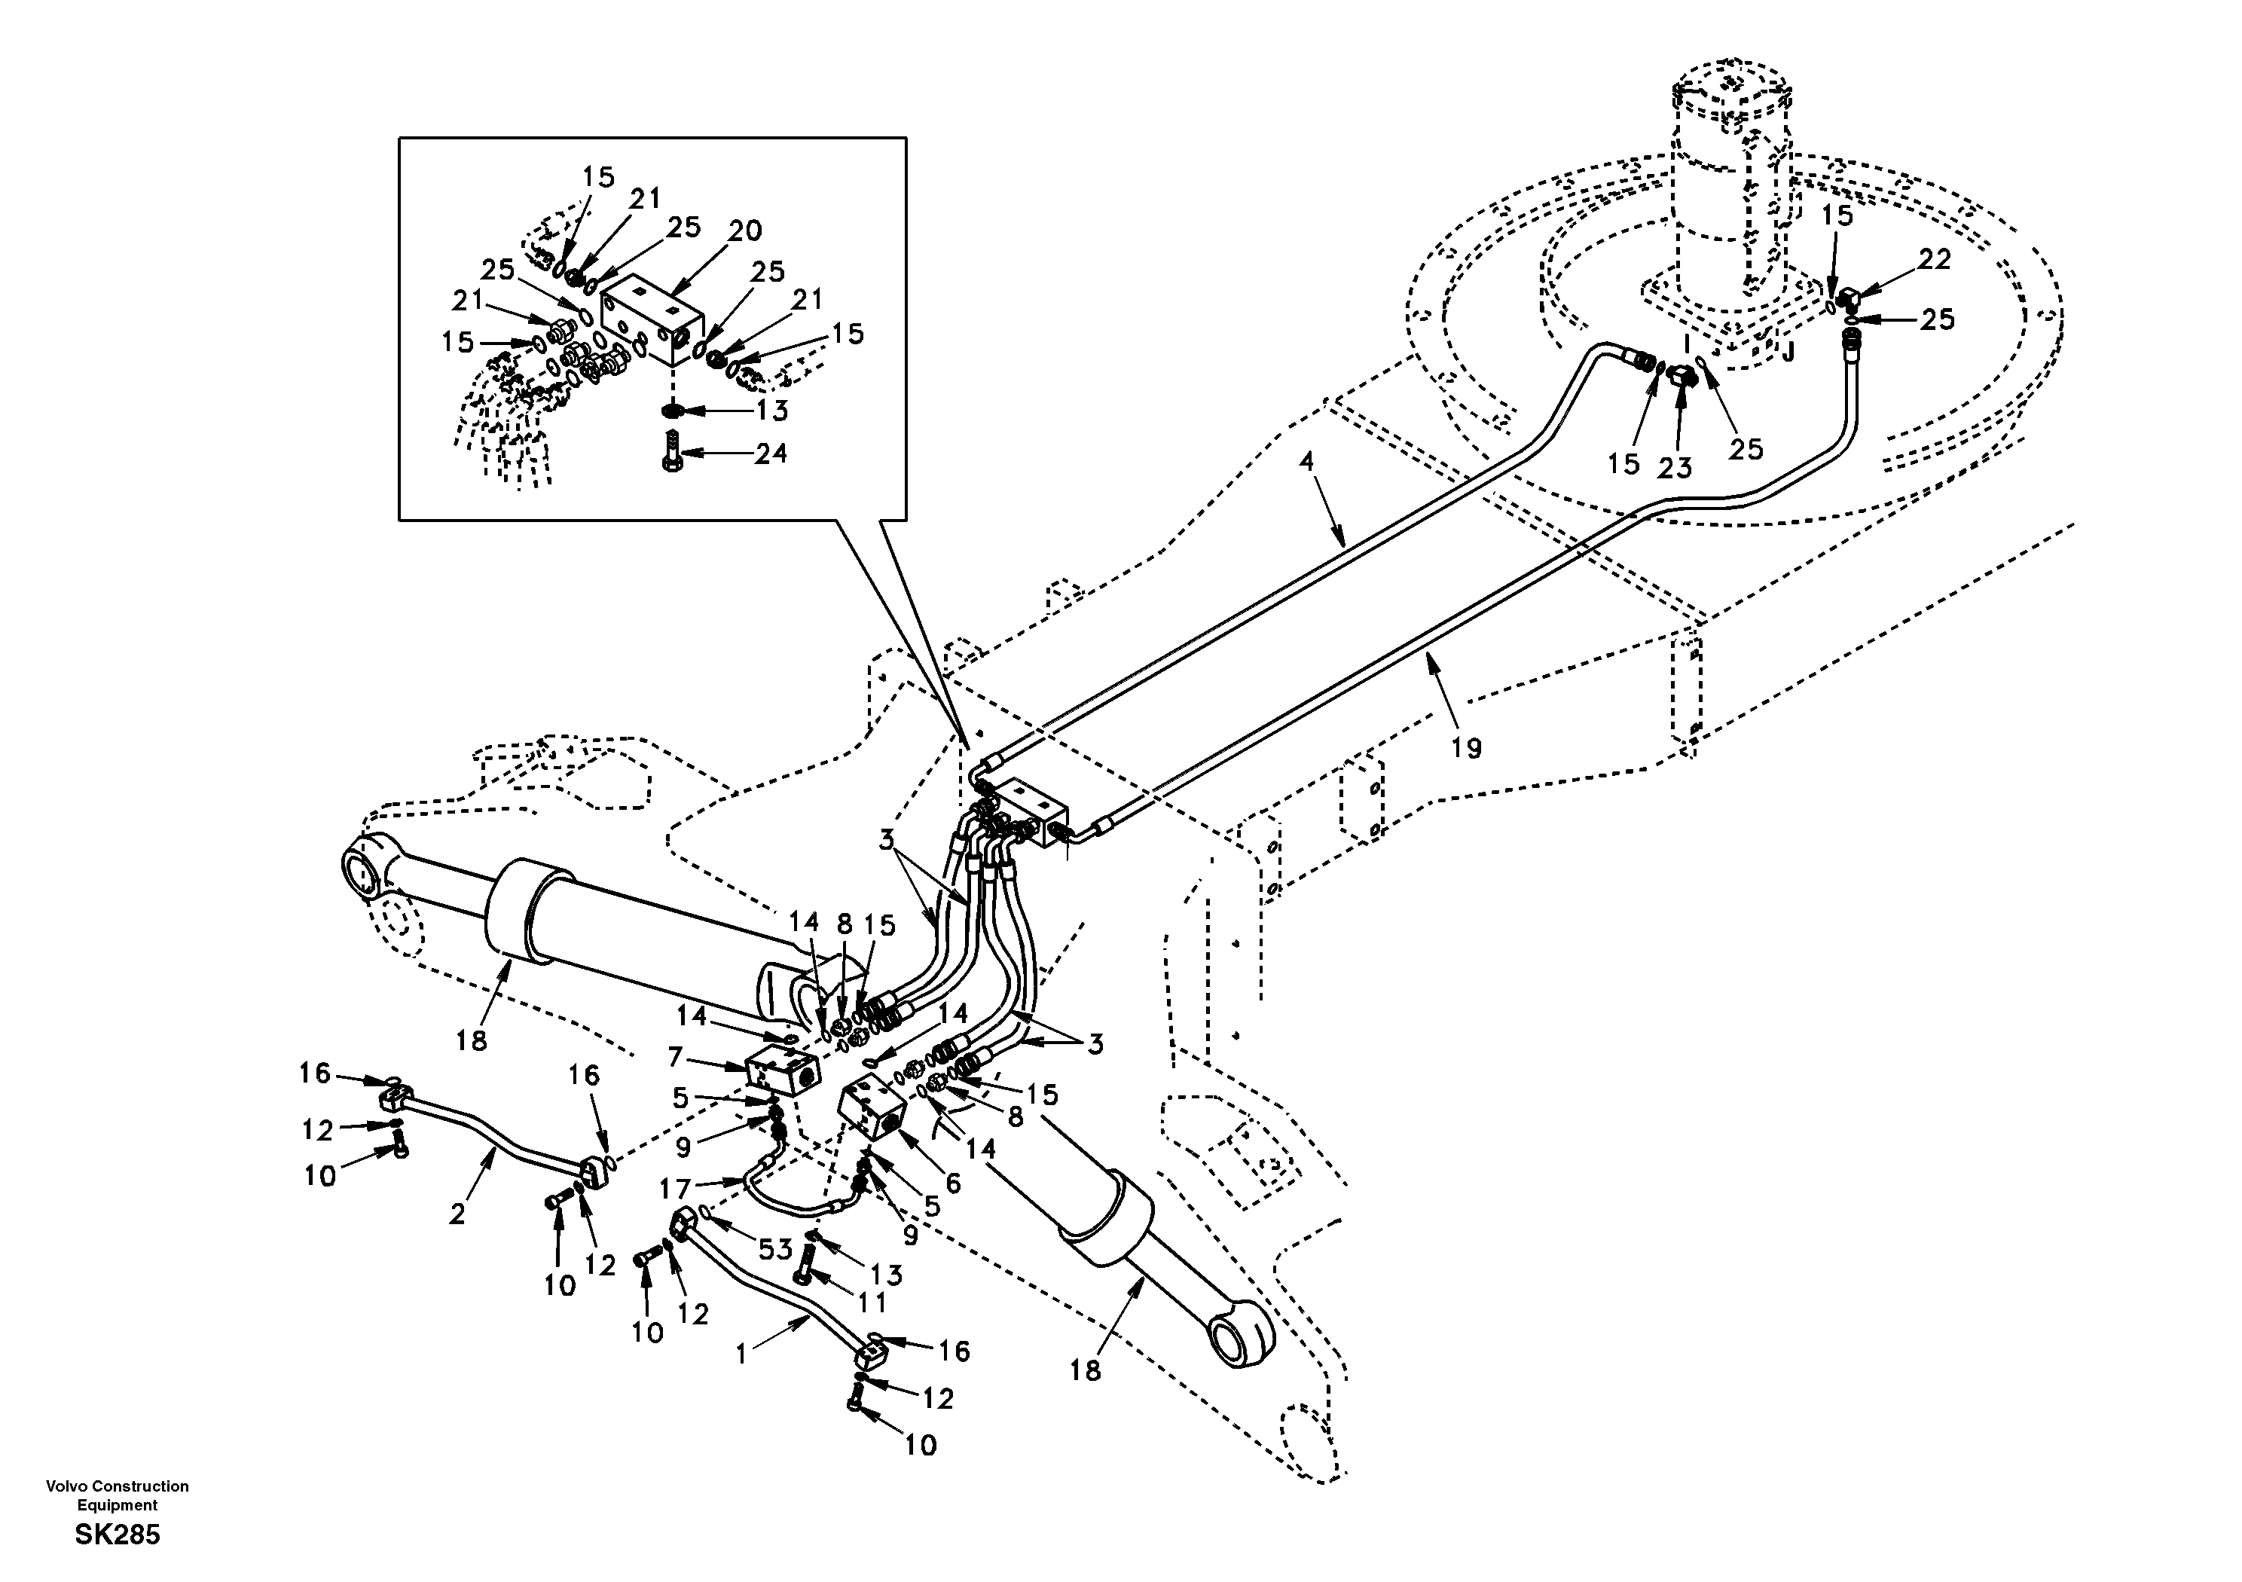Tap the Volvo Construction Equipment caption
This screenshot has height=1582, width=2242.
(118, 1495)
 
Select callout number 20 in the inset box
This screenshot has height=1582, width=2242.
(744, 231)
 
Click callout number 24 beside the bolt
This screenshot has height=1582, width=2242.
(771, 454)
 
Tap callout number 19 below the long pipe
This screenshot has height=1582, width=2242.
(1466, 748)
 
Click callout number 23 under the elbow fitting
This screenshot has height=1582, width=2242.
(1674, 468)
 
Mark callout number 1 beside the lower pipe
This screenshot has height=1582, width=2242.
(741, 1354)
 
